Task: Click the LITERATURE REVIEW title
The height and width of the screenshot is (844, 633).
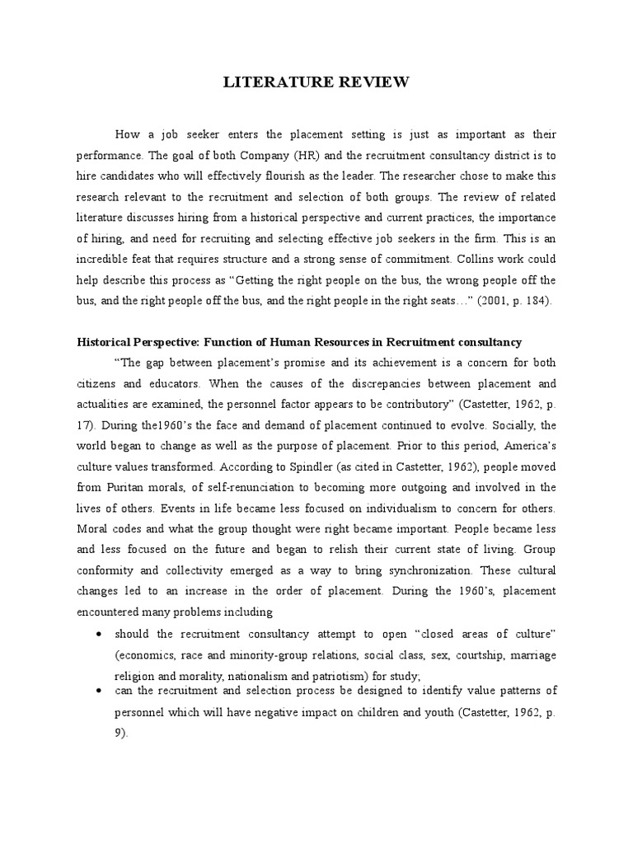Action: [x=316, y=82]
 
